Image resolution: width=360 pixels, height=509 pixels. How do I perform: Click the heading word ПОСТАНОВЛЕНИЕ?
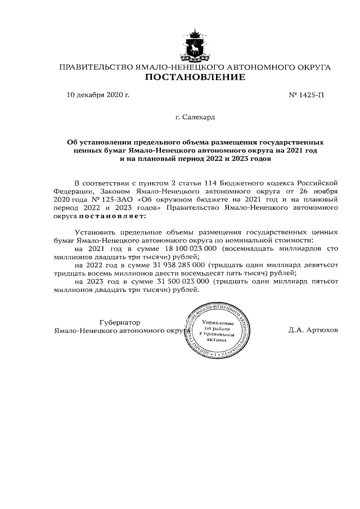click(x=195, y=77)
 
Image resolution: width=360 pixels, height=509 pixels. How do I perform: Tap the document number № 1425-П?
click(x=306, y=94)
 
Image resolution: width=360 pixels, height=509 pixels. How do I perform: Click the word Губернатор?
click(x=119, y=322)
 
